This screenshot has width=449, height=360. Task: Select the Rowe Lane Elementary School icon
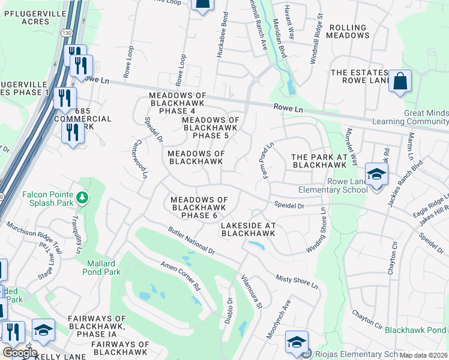pos(376,175)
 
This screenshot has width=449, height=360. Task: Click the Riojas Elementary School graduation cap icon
pos(297,343)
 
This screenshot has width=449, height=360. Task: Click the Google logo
pos(19,353)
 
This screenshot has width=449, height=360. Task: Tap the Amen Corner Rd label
pos(179,277)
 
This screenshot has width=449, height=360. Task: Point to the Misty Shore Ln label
pos(297,281)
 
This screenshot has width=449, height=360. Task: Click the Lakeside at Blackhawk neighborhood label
pos(248,229)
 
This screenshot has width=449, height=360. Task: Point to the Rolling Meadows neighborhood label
pos(348,31)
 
